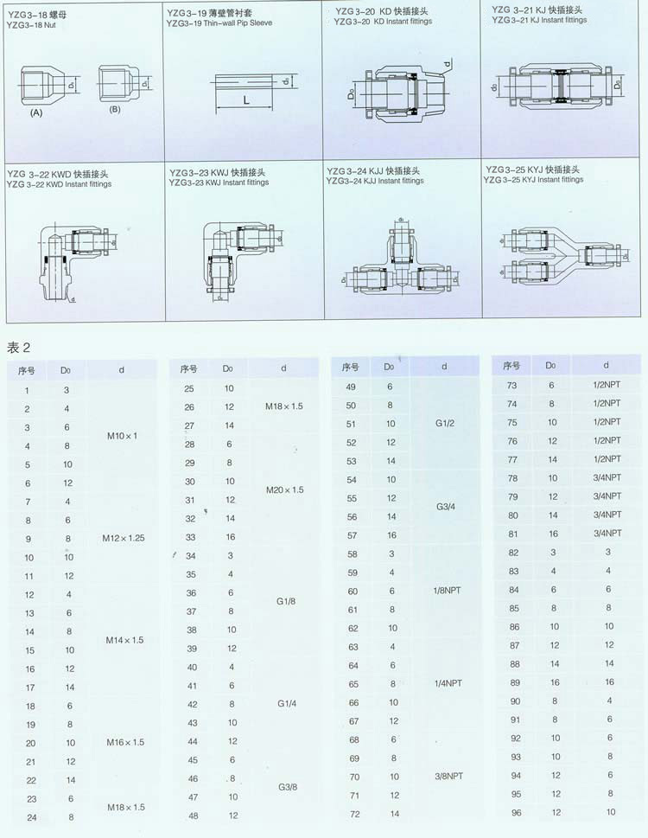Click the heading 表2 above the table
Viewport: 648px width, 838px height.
[19, 348]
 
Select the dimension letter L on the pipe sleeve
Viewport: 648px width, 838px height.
[246, 101]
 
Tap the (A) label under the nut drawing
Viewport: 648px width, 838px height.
[36, 113]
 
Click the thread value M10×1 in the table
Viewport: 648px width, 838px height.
[122, 436]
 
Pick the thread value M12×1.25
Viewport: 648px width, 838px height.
[123, 538]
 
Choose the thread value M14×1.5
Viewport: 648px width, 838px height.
[123, 640]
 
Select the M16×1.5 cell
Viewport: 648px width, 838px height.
[124, 742]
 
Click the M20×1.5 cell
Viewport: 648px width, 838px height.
[284, 489]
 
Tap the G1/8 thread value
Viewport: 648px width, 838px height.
[284, 602]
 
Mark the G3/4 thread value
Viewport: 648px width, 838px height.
[445, 507]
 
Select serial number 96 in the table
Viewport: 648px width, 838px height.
[515, 812]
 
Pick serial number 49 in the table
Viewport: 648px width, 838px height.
[351, 387]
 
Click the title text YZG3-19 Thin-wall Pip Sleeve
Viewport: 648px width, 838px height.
[219, 23]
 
